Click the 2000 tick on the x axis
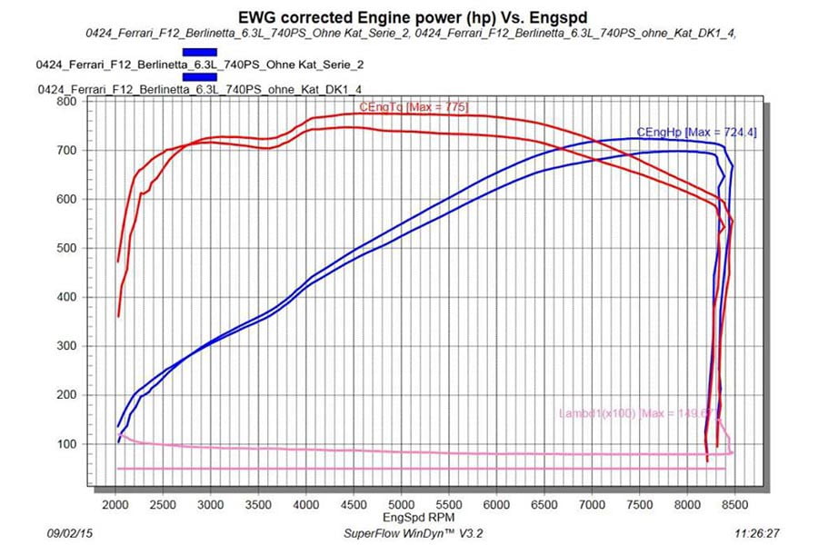coord(116,504)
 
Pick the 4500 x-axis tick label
coord(354,504)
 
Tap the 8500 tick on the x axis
coord(734,504)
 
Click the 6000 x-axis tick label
coord(496,504)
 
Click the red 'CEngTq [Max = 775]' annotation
coord(414,108)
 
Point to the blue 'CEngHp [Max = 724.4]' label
coord(696,133)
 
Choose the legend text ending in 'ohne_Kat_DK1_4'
coord(202,90)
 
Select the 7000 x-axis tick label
coord(592,504)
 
